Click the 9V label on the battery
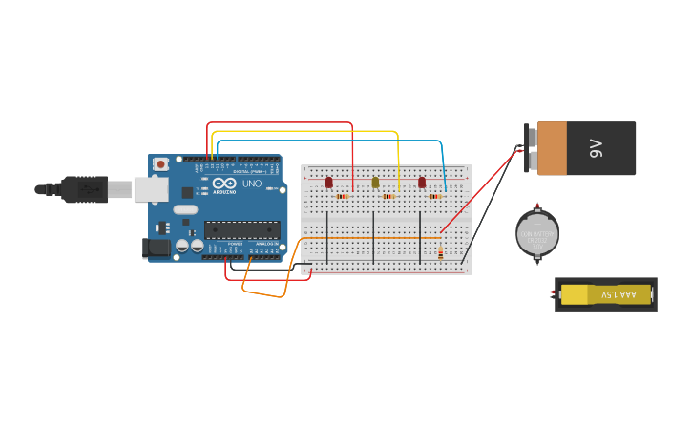597,148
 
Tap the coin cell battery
536,233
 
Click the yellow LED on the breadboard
375,182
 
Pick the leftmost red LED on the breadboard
329,182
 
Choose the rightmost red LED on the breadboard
422,182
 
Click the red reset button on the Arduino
161,164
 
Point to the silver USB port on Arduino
151,189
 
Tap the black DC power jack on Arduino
157,248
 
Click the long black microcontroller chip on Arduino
242,229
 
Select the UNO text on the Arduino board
252,184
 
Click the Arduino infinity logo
225,184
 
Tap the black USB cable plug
86,189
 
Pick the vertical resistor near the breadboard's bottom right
440,253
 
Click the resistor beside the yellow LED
388,196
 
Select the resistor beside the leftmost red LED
342,196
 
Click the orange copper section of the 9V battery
552,148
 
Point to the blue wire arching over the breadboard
329,141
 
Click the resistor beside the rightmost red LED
434,196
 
